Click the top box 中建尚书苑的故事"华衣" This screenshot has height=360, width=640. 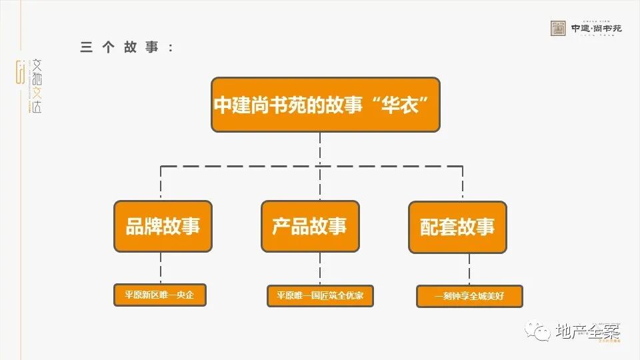pos(325,105)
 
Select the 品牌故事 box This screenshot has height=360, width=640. pos(163,226)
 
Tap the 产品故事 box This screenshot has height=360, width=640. pos(309,226)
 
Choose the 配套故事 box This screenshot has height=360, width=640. pos(457,227)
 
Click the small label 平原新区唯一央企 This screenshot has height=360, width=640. pos(159,295)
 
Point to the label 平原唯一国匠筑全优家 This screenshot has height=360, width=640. pos(320,295)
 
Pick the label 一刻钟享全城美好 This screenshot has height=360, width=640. pos(469,296)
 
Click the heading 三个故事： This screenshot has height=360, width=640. pos(127,47)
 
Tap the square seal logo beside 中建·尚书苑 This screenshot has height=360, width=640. pos(558,28)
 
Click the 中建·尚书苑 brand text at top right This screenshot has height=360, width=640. pos(596,28)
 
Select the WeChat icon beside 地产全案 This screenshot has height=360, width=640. pos(535,330)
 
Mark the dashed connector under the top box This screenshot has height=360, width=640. pos(320,148)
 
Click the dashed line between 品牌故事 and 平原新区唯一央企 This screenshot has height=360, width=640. pos(161,268)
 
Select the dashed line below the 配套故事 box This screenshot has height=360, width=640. pos(469,269)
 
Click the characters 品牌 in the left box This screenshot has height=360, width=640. pos(144,226)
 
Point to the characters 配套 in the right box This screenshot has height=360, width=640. pos(439,227)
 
